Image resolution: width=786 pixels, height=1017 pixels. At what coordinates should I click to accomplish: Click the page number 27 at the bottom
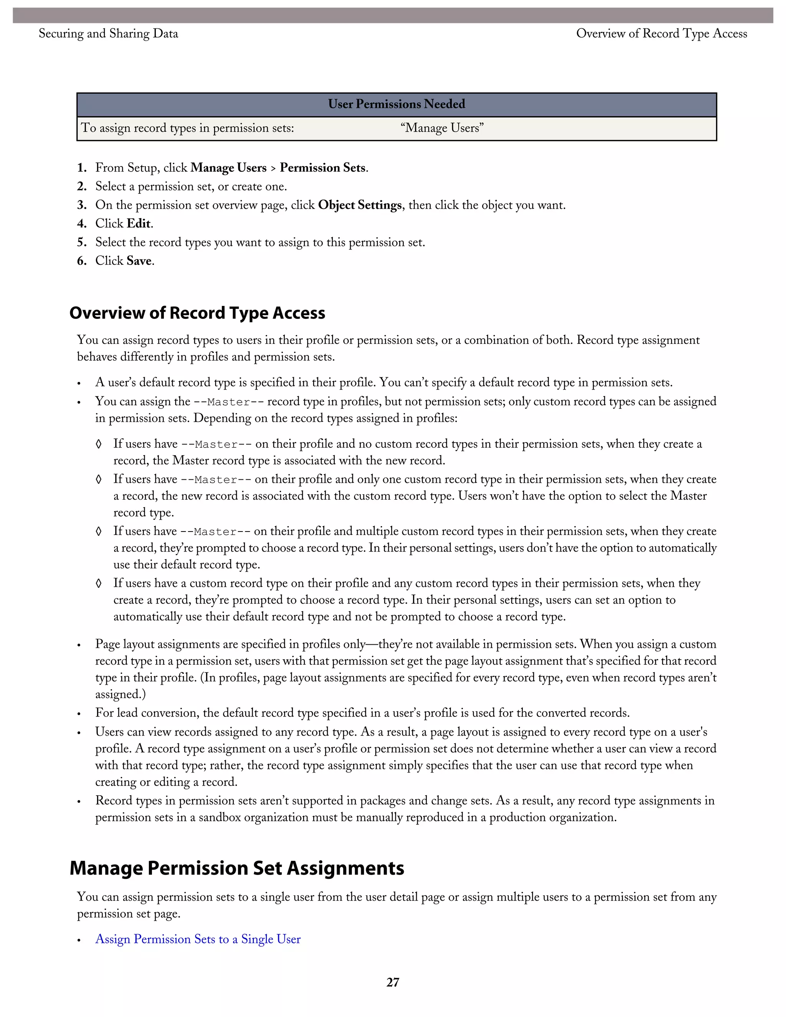[x=393, y=982]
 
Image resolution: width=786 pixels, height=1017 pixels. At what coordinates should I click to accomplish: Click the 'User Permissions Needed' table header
[x=396, y=104]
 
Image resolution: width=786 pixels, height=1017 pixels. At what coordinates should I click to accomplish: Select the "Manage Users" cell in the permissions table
[x=441, y=128]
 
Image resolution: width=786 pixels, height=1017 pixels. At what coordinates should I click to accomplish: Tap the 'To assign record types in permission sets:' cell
[x=188, y=128]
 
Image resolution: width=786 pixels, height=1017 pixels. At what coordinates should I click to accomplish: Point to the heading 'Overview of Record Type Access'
[x=197, y=313]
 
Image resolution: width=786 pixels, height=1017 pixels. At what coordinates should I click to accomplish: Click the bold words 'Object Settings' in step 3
[x=360, y=205]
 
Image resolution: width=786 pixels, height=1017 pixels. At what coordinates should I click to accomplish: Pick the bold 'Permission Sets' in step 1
[x=322, y=168]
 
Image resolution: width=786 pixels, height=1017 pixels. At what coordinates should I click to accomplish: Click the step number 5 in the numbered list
[x=82, y=242]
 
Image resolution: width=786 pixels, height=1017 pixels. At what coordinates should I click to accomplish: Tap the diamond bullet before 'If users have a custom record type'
[x=98, y=583]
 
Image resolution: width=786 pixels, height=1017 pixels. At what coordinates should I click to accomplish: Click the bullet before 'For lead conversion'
[x=79, y=714]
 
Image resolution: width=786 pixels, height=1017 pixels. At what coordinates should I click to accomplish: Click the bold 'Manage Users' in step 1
[x=228, y=168]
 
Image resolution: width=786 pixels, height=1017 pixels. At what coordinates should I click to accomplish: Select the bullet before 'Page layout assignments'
[x=79, y=645]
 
